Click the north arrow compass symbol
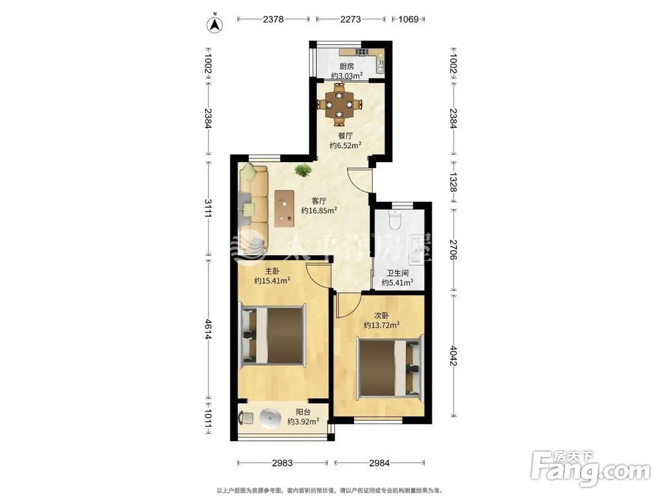pyautogui.click(x=215, y=24)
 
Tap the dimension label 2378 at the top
pyautogui.click(x=273, y=19)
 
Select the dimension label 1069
pyautogui.click(x=408, y=19)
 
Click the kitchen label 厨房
pyautogui.click(x=347, y=66)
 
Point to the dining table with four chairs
pyautogui.click(x=340, y=104)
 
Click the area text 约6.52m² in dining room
pyautogui.click(x=345, y=145)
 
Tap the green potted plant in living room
pyautogui.click(x=303, y=171)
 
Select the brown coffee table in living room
pyautogui.click(x=284, y=208)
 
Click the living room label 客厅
pyautogui.click(x=319, y=201)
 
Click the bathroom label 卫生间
pyautogui.click(x=397, y=273)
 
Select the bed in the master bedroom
pyautogui.click(x=273, y=335)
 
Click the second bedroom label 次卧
pyautogui.click(x=382, y=315)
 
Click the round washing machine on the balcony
pyautogui.click(x=269, y=419)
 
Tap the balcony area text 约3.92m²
pyautogui.click(x=303, y=421)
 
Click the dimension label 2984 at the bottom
pyautogui.click(x=379, y=463)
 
